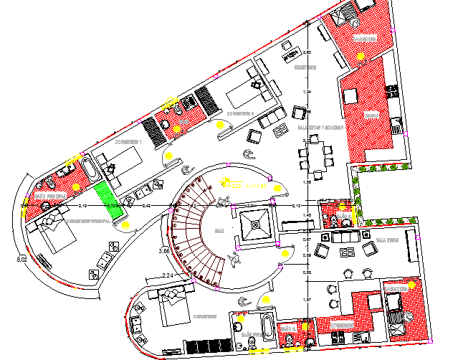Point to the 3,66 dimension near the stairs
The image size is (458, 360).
[x=163, y=250]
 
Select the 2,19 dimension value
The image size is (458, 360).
[x=82, y=207]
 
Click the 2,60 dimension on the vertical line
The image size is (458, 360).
[x=307, y=52]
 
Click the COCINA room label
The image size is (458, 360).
[x=371, y=115]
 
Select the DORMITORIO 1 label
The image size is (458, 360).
[x=129, y=142]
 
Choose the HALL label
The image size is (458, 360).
[x=219, y=230]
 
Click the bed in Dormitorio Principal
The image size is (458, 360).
[x=52, y=235]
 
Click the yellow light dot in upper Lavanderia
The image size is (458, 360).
[x=361, y=54]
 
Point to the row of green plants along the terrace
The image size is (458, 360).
[x=383, y=168]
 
